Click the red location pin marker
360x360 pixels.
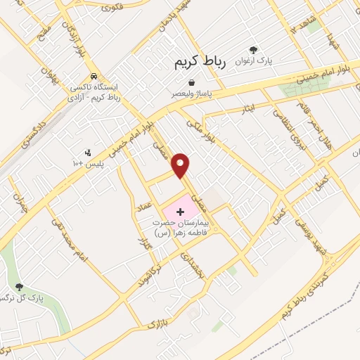[181, 164]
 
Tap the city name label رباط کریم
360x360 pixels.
[201, 63]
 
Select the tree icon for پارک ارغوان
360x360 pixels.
[253, 50]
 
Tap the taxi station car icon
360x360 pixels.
[94, 77]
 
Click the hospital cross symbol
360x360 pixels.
[180, 211]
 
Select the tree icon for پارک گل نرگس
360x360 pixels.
[19, 287]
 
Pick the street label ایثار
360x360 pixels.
[252, 110]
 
